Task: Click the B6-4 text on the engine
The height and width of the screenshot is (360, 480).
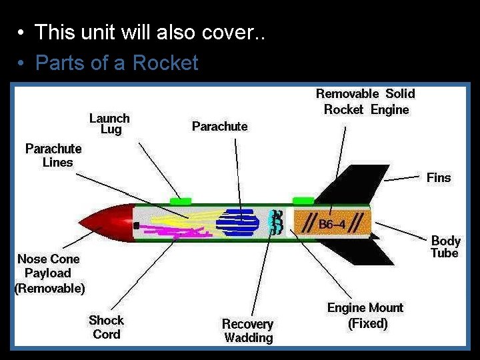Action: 331,224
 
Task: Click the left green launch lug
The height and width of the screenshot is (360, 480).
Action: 180,200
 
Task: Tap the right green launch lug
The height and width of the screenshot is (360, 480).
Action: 303,200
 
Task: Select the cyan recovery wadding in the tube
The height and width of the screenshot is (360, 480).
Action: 275,221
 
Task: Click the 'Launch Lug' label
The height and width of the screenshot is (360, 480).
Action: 110,123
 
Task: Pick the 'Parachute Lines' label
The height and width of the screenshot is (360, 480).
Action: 53,155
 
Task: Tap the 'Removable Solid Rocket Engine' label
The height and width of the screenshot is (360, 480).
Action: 365,101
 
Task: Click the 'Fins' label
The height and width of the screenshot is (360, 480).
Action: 439,177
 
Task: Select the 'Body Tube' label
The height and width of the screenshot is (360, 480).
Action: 445,247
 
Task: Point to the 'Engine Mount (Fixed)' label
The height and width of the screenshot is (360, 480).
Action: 365,315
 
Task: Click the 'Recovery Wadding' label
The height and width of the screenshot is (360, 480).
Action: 248,331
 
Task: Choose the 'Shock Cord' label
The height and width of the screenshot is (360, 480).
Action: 107,327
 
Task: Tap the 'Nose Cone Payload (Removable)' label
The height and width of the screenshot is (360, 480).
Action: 49,273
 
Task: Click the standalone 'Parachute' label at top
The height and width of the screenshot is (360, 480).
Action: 219,126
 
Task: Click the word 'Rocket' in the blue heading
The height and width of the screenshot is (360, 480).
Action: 165,63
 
